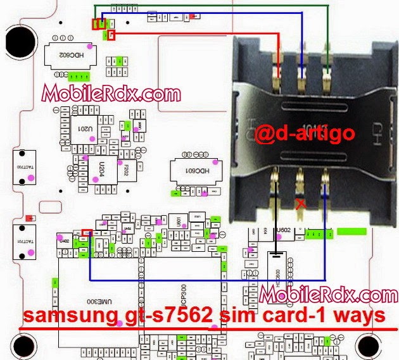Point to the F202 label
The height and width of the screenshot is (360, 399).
(x=127, y=170)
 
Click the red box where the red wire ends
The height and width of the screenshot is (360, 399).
(x=112, y=34)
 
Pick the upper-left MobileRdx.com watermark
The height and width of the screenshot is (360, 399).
(x=111, y=95)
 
